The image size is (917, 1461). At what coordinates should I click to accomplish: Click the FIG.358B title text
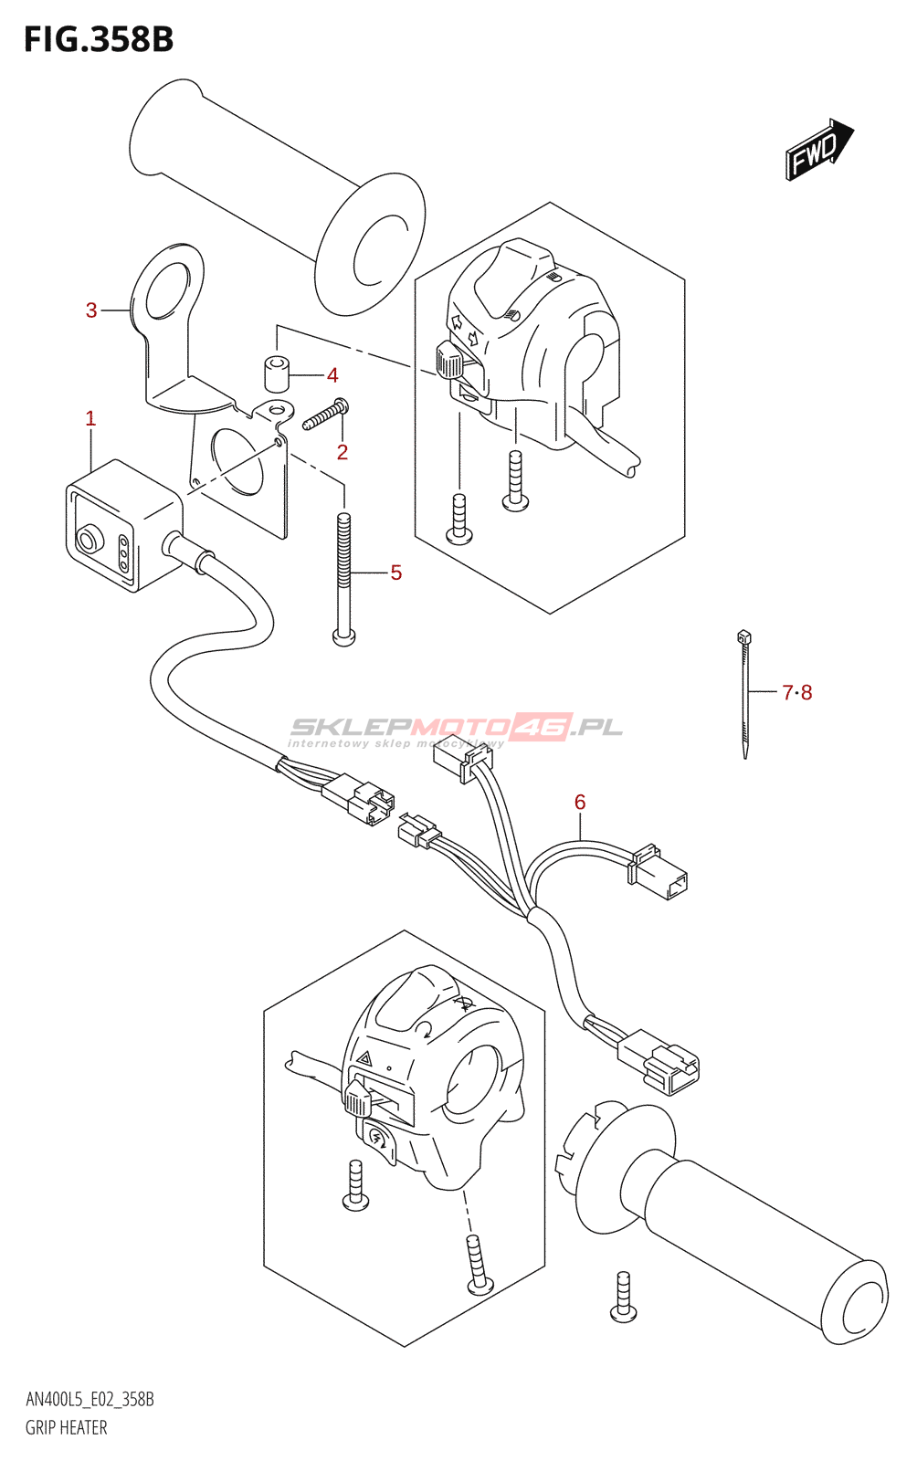[99, 39]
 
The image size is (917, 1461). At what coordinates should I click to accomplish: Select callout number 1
[90, 418]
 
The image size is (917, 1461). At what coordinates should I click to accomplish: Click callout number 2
[343, 452]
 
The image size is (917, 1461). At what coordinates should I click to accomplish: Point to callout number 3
[91, 310]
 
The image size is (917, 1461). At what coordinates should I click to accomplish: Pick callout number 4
[332, 375]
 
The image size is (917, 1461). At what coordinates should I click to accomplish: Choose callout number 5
[395, 573]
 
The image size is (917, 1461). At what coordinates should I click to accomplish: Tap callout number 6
[580, 802]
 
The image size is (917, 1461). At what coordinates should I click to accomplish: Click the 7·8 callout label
[796, 693]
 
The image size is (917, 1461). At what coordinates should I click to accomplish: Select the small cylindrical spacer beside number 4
[277, 373]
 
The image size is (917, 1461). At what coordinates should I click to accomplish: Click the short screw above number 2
[325, 415]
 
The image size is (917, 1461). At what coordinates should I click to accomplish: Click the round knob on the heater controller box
[88, 541]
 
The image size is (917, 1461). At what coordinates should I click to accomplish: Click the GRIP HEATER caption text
[67, 1427]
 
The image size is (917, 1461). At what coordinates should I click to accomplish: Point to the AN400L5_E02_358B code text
[90, 1400]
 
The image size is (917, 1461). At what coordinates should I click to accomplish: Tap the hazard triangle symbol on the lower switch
[364, 1059]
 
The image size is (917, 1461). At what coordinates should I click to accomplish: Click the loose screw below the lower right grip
[624, 1297]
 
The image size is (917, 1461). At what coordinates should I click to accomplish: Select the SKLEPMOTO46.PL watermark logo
[457, 728]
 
